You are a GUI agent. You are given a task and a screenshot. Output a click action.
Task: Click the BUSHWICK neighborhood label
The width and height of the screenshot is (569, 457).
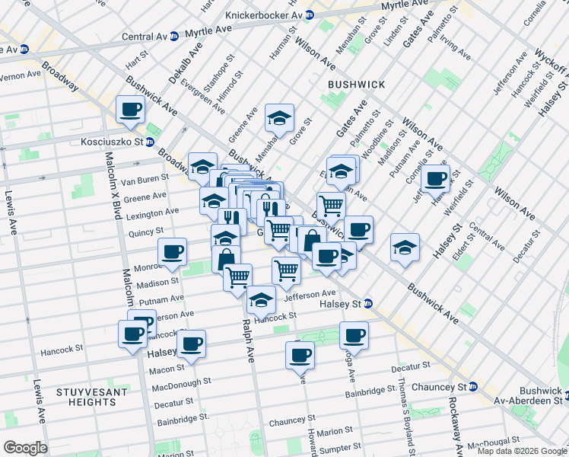[356, 84]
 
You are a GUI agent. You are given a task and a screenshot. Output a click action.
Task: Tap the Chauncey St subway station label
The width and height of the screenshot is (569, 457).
[438, 387]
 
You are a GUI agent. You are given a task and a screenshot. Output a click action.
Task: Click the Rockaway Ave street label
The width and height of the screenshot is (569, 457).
[453, 423]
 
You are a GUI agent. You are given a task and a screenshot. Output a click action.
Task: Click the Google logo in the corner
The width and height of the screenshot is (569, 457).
[24, 448]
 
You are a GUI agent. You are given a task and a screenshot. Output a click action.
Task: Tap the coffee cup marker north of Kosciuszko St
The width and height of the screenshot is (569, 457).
[131, 110]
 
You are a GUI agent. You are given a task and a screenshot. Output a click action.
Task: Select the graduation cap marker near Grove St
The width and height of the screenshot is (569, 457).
[279, 119]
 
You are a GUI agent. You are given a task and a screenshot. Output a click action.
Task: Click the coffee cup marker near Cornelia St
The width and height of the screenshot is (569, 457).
[436, 179]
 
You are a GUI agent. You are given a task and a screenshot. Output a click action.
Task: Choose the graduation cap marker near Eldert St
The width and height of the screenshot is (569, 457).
[405, 247]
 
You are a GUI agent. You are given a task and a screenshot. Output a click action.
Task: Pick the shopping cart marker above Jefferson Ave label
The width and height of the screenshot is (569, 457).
[286, 270]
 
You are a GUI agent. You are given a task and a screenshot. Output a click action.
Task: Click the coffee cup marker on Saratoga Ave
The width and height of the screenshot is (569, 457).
[354, 334]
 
